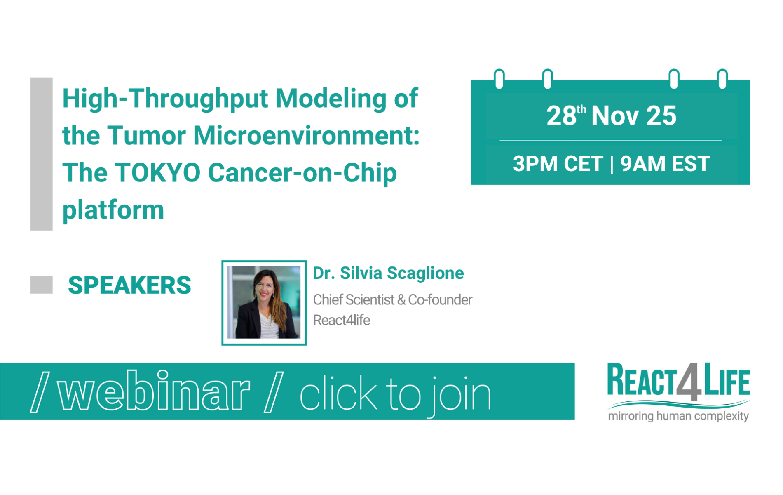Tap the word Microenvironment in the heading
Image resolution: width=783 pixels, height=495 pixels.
pyautogui.click(x=306, y=135)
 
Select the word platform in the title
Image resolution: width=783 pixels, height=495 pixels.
pyautogui.click(x=113, y=210)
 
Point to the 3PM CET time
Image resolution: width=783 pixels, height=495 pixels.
pyautogui.click(x=558, y=163)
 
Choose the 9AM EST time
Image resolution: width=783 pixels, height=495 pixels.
pyautogui.click(x=665, y=163)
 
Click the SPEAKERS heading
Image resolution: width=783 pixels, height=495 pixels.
pyautogui.click(x=129, y=285)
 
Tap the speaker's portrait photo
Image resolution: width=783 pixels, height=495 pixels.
pyautogui.click(x=264, y=302)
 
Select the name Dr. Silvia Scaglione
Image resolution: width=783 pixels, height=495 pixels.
pyautogui.click(x=388, y=273)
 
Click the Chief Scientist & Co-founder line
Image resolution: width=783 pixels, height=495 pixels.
pyautogui.click(x=392, y=299)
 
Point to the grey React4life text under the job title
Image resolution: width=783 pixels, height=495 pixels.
pyautogui.click(x=341, y=320)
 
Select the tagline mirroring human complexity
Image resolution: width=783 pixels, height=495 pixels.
pyautogui.click(x=678, y=415)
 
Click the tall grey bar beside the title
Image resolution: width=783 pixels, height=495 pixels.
pyautogui.click(x=41, y=153)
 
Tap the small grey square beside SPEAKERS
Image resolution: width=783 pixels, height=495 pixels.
pyautogui.click(x=41, y=285)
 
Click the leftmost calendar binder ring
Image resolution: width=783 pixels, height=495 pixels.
pyautogui.click(x=499, y=79)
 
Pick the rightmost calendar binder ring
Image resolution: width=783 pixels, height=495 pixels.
pyautogui.click(x=722, y=79)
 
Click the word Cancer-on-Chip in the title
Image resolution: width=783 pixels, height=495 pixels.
pyautogui.click(x=302, y=172)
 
